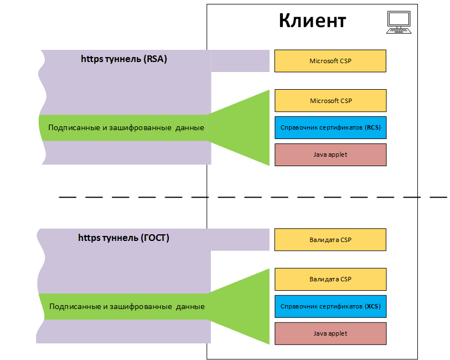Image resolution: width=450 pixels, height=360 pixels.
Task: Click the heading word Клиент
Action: coord(312,20)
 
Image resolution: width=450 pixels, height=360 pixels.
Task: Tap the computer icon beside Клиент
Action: coord(399,23)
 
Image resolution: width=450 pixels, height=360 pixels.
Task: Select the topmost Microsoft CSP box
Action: coord(330,61)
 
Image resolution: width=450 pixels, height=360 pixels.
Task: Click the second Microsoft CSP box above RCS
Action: coord(330,101)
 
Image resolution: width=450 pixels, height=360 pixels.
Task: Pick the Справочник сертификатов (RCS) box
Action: coord(330,127)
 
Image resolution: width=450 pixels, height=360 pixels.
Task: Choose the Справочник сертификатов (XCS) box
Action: coord(330,306)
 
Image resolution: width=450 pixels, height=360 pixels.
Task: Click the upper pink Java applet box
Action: coord(330,155)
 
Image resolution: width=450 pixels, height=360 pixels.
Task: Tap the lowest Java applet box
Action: coord(330,333)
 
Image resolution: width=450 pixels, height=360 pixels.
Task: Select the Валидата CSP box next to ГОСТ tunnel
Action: coord(330,240)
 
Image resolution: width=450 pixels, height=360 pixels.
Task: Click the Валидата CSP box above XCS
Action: coord(330,279)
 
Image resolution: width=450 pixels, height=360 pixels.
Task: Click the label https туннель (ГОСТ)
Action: coord(123,238)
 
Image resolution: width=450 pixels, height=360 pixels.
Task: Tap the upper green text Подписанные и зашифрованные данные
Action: coord(126,128)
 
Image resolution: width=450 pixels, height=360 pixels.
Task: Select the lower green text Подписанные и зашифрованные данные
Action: coord(127,307)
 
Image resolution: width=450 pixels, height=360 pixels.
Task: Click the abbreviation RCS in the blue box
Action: coord(372,127)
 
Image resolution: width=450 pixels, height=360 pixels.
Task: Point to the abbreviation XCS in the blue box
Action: coord(372,306)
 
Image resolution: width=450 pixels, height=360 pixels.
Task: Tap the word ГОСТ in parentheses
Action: coord(155,238)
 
